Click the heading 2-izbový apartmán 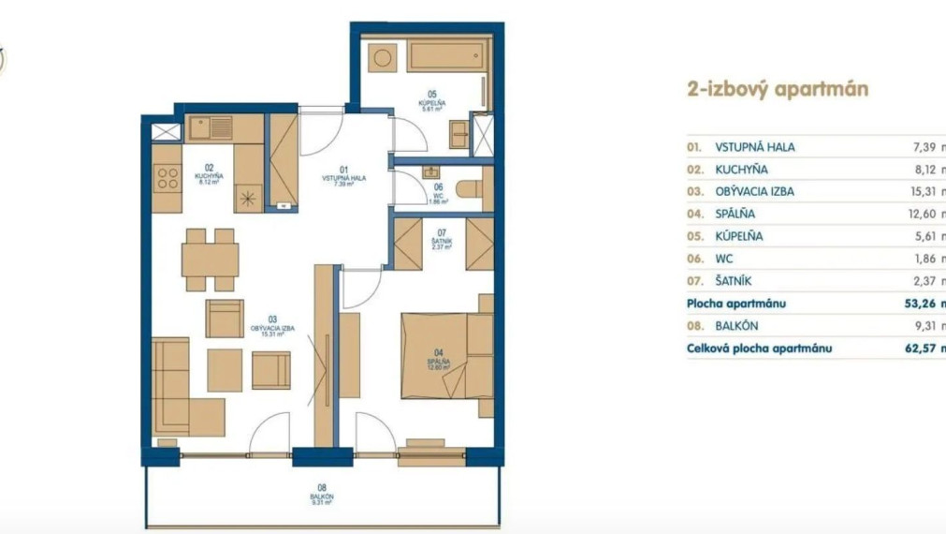(778, 90)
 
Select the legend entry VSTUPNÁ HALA (755, 147)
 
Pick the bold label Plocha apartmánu (736, 304)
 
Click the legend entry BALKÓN (736, 326)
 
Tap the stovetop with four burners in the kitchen (167, 178)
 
